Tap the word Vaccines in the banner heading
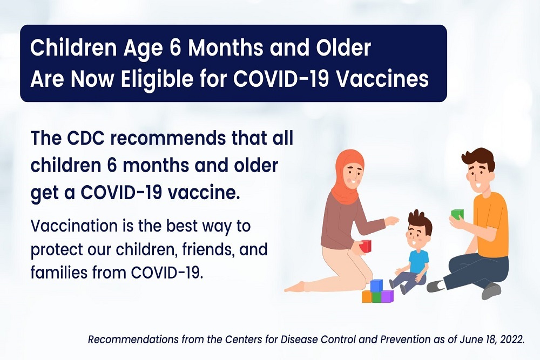[382, 79]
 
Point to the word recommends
[168, 138]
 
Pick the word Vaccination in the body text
[74, 226]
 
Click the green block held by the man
[457, 214]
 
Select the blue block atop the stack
[376, 286]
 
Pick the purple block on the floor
[387, 296]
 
